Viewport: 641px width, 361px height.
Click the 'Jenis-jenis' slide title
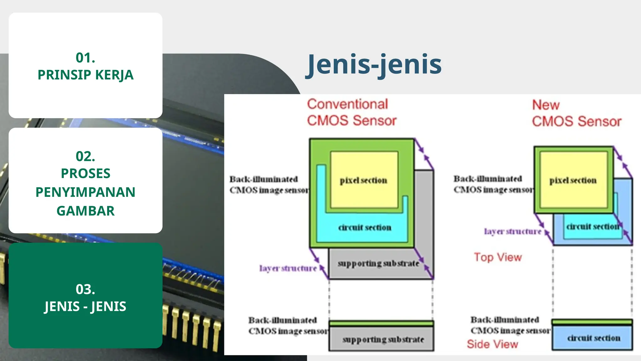click(374, 65)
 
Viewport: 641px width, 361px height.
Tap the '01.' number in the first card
click(85, 58)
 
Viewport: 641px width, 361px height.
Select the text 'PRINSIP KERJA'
click(85, 75)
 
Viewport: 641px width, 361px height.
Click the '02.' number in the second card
click(85, 156)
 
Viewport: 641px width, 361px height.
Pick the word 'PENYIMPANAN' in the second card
click(85, 192)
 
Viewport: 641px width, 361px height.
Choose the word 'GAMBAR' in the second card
click(85, 211)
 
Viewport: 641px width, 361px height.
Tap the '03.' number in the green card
click(85, 289)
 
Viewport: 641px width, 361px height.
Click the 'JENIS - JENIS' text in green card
click(85, 306)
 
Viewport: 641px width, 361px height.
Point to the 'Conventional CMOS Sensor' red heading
click(351, 112)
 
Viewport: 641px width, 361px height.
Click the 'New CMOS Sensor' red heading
click(577, 113)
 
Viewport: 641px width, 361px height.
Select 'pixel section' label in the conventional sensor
click(363, 180)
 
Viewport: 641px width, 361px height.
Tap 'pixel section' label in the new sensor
click(573, 180)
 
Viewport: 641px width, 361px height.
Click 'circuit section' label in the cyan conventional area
click(365, 228)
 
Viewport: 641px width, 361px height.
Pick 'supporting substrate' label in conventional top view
click(378, 264)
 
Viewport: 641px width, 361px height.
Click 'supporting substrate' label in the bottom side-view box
click(383, 339)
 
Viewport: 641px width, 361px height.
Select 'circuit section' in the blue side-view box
click(593, 338)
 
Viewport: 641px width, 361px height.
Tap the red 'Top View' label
click(498, 257)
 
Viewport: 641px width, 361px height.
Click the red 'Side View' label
click(492, 344)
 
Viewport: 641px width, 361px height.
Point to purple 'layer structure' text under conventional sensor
click(288, 269)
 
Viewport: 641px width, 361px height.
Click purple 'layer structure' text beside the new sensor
click(512, 232)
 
